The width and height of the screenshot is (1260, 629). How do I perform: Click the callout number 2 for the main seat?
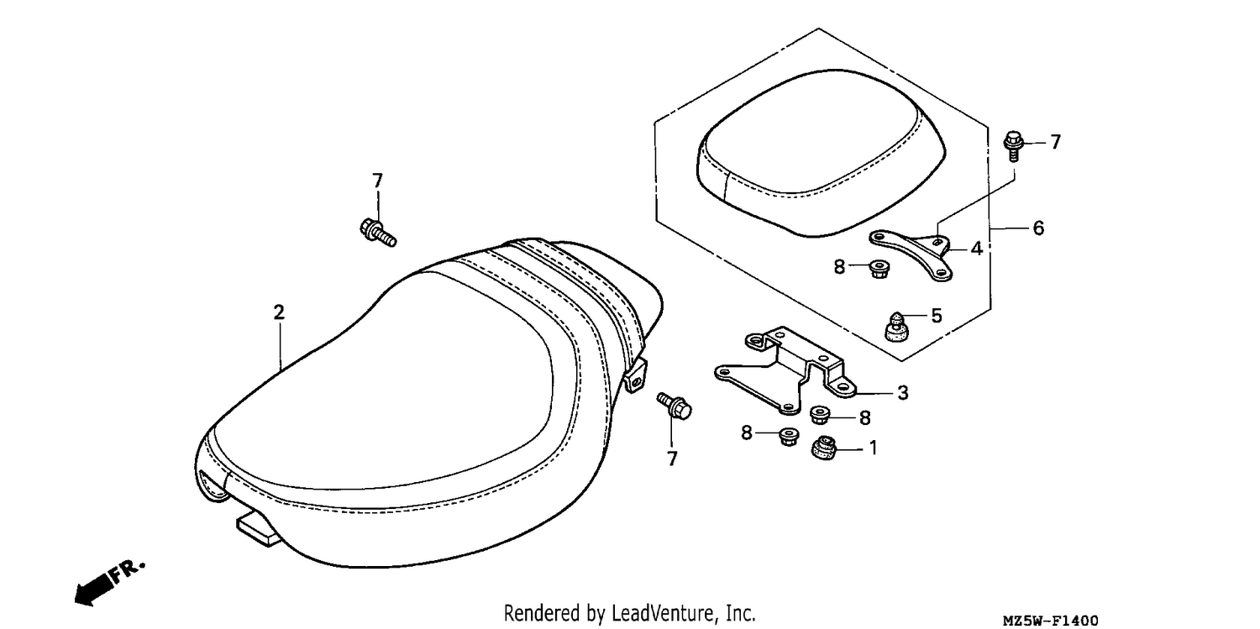[x=279, y=312]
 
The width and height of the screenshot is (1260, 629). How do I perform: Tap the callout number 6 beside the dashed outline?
[x=1038, y=228]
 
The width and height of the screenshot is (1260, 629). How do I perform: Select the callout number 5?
[x=936, y=316]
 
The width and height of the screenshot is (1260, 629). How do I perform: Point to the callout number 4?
[x=976, y=249]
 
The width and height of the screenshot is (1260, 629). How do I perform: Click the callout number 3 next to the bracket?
[x=903, y=393]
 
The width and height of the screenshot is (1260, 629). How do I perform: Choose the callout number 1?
[x=873, y=448]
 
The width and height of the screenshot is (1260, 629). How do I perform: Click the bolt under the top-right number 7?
[x=1013, y=145]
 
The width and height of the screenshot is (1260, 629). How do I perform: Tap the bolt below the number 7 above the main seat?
[x=378, y=232]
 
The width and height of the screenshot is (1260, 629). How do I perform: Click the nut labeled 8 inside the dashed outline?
[x=879, y=270]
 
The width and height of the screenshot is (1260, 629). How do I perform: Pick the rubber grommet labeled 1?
[x=825, y=447]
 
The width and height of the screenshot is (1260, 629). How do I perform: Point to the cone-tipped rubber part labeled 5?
[x=896, y=327]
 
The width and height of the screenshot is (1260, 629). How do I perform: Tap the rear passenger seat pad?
[x=822, y=153]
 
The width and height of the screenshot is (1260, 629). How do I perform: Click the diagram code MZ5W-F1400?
[x=1050, y=620]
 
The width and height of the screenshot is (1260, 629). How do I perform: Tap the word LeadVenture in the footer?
[x=663, y=612]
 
